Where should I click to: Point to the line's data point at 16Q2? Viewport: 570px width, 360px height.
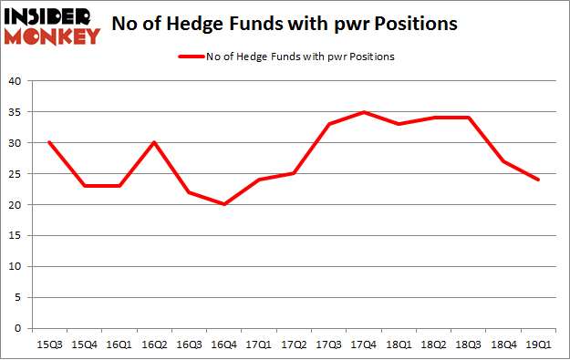(x=155, y=142)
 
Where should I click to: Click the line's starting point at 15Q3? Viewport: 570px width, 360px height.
(x=49, y=142)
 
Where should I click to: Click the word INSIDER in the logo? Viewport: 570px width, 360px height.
(x=51, y=15)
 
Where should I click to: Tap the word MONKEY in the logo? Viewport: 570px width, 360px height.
(x=51, y=36)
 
